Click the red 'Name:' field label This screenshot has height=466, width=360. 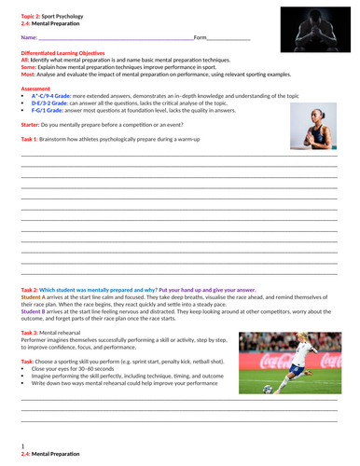(x=29, y=37)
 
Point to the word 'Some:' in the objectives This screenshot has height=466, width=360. (x=29, y=67)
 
